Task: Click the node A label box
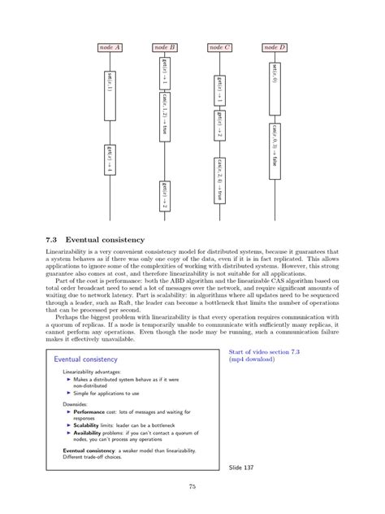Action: click(110, 48)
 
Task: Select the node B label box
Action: click(165, 48)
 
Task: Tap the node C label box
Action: click(220, 48)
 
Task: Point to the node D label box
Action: click(275, 48)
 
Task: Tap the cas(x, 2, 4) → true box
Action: click(220, 176)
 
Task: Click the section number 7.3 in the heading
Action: click(52, 240)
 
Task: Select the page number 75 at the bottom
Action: click(192, 487)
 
